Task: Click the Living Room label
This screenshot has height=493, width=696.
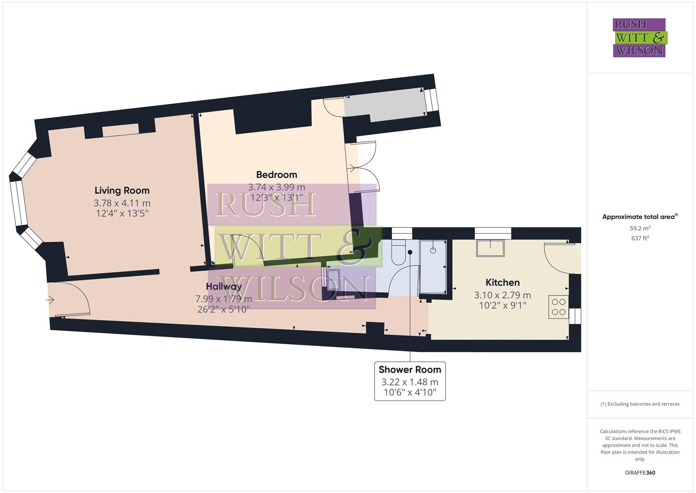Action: (122, 190)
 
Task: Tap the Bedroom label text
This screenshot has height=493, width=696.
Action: (276, 174)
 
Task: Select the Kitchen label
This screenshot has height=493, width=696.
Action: (502, 282)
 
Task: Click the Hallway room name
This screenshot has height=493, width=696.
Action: (223, 287)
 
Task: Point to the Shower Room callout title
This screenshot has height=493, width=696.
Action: (410, 369)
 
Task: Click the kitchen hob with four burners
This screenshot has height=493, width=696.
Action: (558, 307)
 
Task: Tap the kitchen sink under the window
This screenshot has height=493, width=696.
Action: (490, 248)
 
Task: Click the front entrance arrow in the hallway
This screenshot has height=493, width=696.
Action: (50, 300)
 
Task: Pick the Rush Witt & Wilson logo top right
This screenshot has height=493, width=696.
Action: (639, 37)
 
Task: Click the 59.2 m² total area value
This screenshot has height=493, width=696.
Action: (640, 228)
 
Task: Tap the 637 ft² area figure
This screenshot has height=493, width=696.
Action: (640, 238)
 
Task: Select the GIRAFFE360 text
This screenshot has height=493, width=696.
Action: (640, 472)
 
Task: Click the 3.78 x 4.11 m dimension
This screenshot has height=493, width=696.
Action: (122, 203)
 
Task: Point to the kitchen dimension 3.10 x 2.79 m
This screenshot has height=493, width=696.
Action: (502, 295)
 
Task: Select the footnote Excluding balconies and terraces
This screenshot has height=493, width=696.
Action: (640, 404)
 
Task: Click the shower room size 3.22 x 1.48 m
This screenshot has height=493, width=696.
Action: (410, 382)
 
